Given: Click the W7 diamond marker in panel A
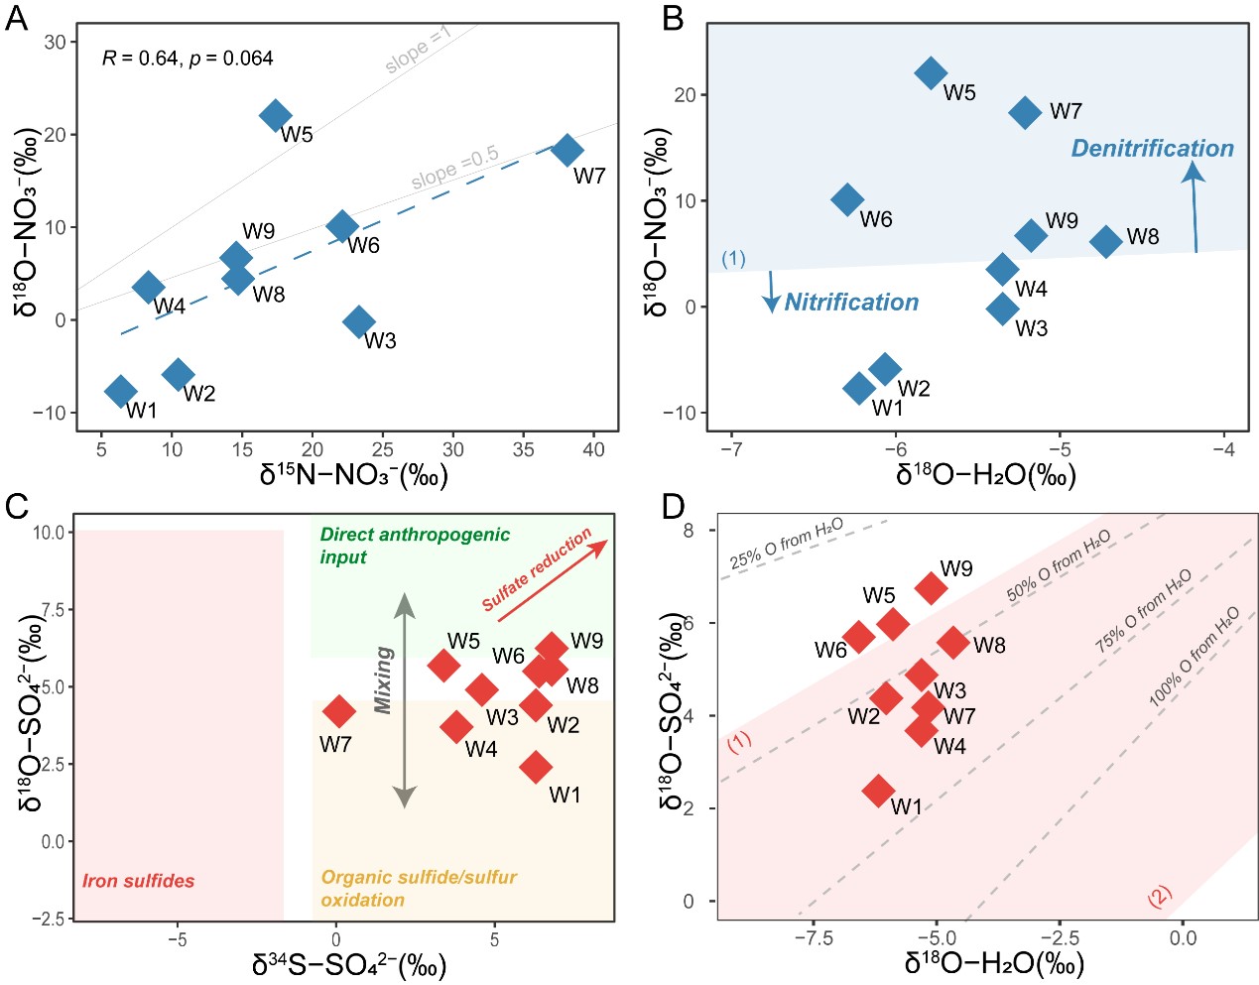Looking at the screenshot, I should [x=567, y=151].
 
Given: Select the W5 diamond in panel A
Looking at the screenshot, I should [x=275, y=115].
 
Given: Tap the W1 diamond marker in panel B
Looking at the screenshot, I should [x=860, y=388].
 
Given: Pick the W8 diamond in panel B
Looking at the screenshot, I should [x=1105, y=241].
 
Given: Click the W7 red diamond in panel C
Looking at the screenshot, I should [x=339, y=710].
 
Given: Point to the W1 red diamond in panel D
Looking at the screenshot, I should [x=878, y=791].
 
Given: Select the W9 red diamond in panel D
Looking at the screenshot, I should [x=931, y=587].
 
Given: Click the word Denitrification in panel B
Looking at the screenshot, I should [x=1152, y=149].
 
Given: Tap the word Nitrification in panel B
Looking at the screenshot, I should [x=851, y=303].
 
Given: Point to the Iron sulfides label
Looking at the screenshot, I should [x=138, y=881].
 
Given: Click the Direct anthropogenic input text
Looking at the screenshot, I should [x=414, y=546].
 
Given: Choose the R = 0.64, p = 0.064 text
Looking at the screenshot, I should [x=188, y=59].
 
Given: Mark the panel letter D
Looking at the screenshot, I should [x=673, y=507].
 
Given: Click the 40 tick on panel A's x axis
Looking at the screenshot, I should [x=593, y=449].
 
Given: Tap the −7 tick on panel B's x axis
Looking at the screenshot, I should [x=731, y=449].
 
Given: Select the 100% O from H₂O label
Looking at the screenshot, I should [x=1195, y=656].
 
